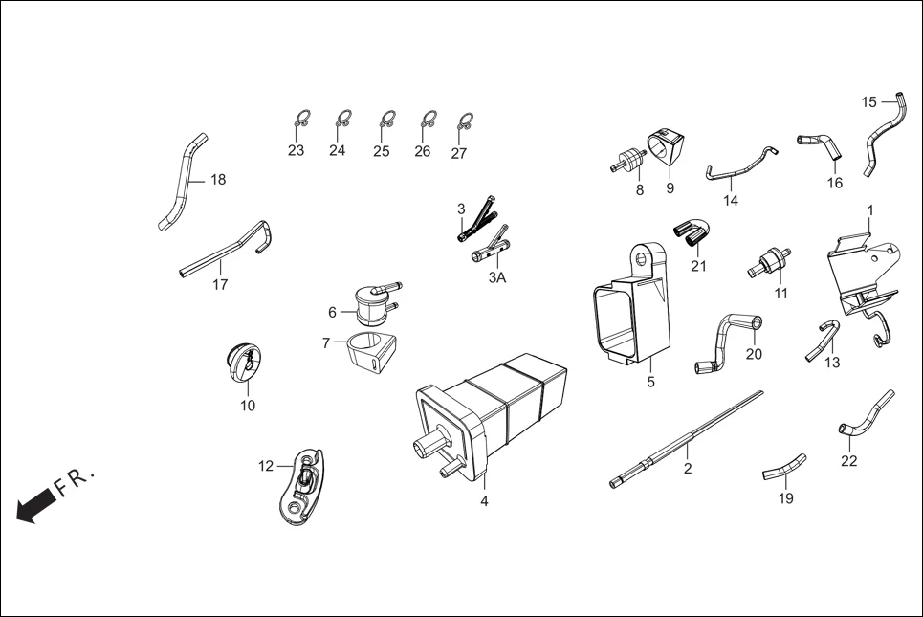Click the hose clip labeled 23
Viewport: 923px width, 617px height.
pos(300,121)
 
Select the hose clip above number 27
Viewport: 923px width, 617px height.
pos(465,121)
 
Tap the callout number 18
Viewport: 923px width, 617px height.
pos(218,180)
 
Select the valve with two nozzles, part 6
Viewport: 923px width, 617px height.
pos(369,304)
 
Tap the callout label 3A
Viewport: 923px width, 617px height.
pos(496,277)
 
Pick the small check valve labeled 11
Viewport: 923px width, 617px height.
pos(771,260)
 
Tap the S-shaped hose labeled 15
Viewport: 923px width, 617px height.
pos(884,134)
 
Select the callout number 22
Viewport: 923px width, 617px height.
pos(848,461)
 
